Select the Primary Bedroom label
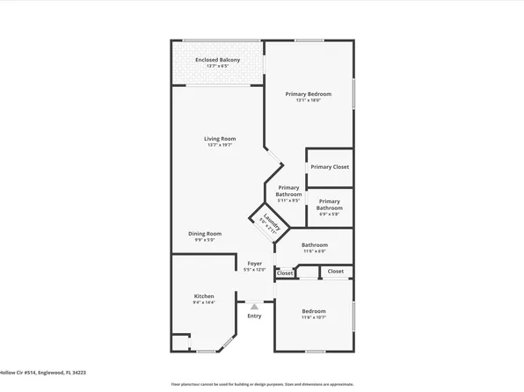[x=309, y=93]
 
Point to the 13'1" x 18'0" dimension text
[x=309, y=100]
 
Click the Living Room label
[x=220, y=138]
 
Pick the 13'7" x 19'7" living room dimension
[x=220, y=145]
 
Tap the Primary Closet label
[x=330, y=167]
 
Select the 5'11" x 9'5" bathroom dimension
[x=288, y=201]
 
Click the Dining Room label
[x=205, y=233]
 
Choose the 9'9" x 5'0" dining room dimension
[x=205, y=240]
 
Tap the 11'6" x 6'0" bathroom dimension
[x=315, y=251]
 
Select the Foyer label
[x=254, y=263]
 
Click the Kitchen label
[x=204, y=296]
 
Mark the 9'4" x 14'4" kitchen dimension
[x=204, y=303]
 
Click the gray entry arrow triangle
[x=254, y=306]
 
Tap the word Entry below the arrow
[x=254, y=316]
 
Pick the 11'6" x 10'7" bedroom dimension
[x=314, y=318]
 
